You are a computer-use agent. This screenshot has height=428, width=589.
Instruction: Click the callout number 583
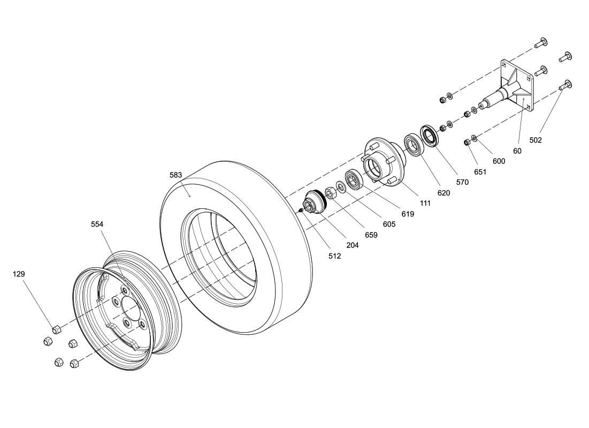[175, 175]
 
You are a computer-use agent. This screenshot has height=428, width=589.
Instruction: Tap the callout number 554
[97, 224]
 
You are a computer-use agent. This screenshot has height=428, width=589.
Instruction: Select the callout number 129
[19, 274]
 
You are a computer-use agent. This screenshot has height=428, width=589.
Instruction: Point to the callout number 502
[536, 140]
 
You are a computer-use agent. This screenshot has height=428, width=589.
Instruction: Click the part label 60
[517, 151]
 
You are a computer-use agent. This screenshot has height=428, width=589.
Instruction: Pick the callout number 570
[462, 183]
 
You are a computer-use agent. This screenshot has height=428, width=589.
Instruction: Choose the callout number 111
[425, 204]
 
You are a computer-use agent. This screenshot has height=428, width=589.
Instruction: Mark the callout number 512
[334, 256]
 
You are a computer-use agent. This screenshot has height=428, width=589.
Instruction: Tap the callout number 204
[353, 245]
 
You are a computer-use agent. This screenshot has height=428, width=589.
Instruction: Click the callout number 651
[480, 172]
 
